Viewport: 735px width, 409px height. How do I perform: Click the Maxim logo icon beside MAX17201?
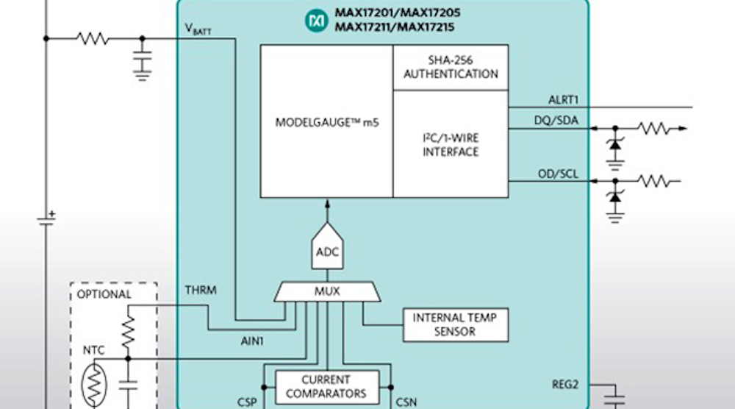click(317, 21)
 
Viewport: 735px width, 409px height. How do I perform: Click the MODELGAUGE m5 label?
click(326, 122)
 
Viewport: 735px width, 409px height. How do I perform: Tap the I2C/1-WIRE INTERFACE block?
click(450, 144)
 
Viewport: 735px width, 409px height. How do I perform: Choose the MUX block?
click(327, 291)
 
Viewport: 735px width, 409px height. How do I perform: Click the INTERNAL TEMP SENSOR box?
click(455, 325)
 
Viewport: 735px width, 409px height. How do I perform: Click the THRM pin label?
click(201, 291)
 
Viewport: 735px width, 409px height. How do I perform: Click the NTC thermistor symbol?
click(96, 382)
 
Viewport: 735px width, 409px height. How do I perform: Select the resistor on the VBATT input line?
click(93, 39)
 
